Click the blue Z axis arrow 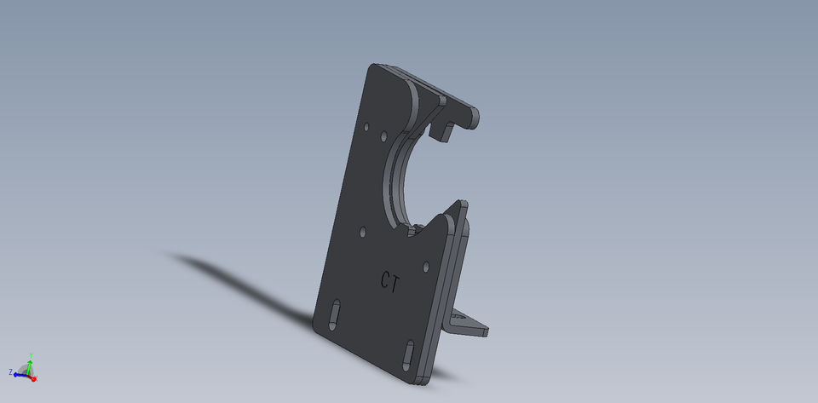19,374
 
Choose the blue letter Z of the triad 10,372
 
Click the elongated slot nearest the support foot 410,351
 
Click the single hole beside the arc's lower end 363,231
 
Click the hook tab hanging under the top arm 442,129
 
